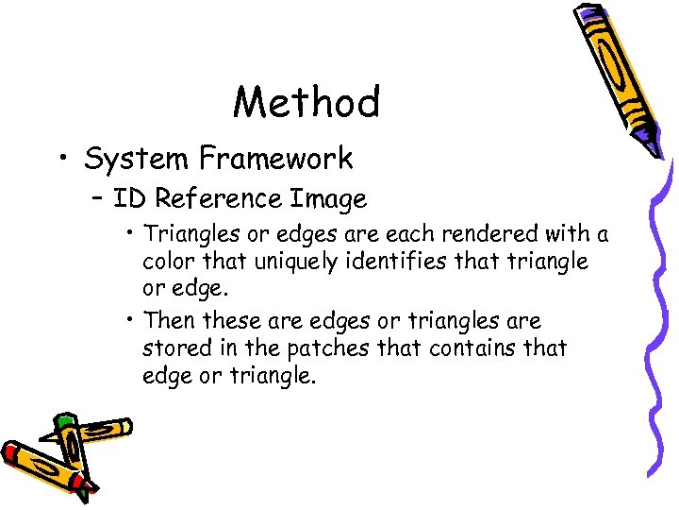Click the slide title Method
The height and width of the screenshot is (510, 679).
306,102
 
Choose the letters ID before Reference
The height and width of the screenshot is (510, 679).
130,199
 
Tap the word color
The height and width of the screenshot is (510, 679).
170,261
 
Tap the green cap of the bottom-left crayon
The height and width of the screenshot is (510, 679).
64,423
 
